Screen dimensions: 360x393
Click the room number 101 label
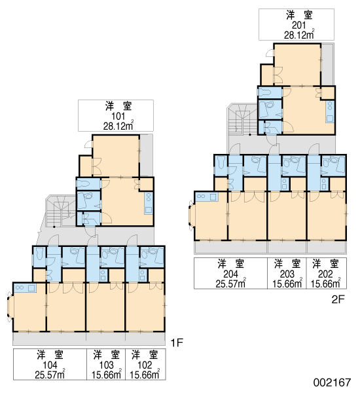[x=118, y=117]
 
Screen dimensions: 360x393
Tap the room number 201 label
[x=299, y=26]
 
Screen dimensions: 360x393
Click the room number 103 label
[x=106, y=365]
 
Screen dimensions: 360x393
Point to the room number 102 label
[x=145, y=365]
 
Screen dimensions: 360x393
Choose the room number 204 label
[x=230, y=274]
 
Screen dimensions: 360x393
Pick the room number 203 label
[x=287, y=274]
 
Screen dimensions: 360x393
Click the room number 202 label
[x=325, y=274]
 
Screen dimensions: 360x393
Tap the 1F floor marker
[x=177, y=343]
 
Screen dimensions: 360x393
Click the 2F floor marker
[x=338, y=299]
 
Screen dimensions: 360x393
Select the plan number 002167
[x=333, y=383]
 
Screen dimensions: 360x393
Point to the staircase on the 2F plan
[x=242, y=120]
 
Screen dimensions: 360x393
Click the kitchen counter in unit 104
[x=25, y=288]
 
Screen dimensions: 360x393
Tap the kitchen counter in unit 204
[x=206, y=196]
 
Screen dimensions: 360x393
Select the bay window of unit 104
[x=10, y=307]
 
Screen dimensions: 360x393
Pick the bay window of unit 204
[x=191, y=215]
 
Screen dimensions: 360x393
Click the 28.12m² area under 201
[x=299, y=34]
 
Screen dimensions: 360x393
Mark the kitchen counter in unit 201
[x=330, y=111]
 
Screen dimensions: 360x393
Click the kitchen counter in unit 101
[x=149, y=203]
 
